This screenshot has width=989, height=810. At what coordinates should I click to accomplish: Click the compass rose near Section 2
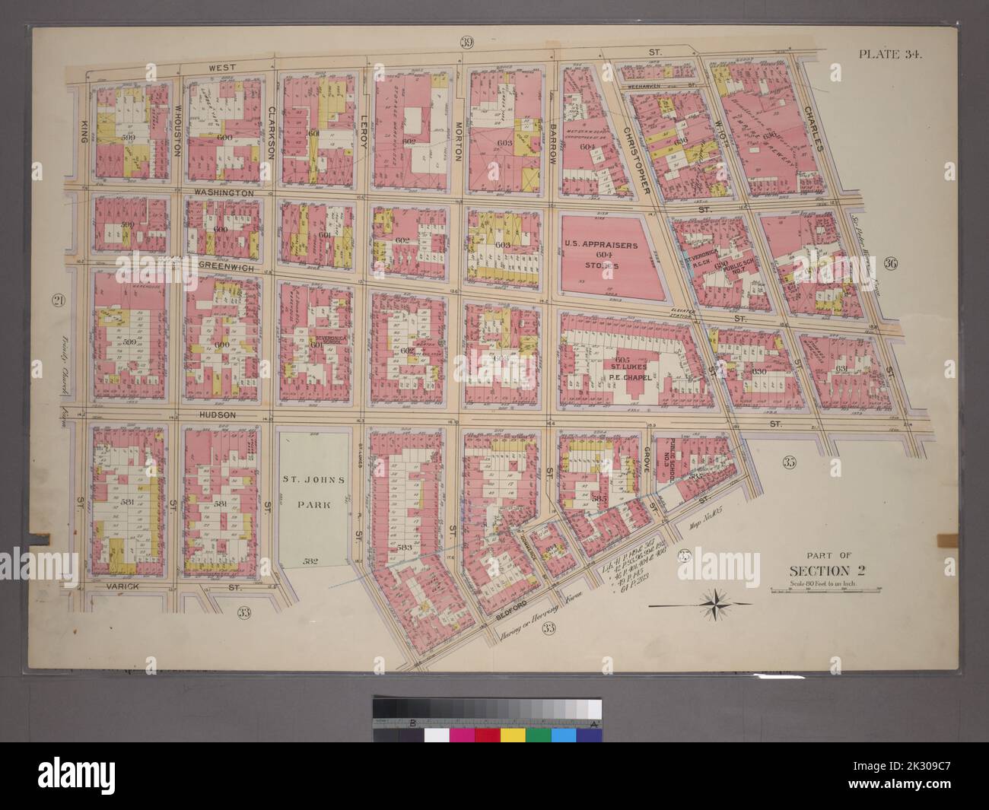716,605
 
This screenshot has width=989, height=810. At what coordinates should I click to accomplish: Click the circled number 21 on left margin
57,300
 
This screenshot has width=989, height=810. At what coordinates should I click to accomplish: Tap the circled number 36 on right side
892,264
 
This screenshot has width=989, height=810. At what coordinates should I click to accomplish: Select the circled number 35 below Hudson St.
788,461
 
